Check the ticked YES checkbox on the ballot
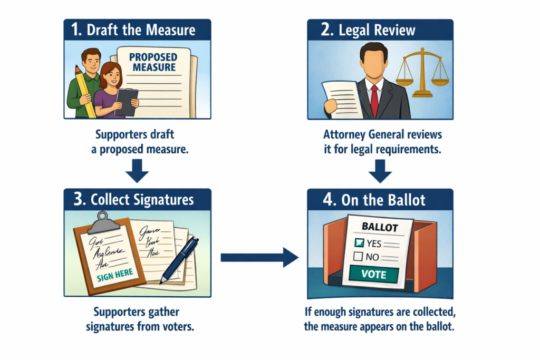(x=359, y=243)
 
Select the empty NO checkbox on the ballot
(x=358, y=257)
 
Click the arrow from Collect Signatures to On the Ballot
(x=258, y=257)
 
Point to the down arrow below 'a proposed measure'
(x=138, y=170)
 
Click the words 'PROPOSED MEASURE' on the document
(x=152, y=62)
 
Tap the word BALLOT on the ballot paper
(x=379, y=227)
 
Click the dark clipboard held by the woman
(x=127, y=101)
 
